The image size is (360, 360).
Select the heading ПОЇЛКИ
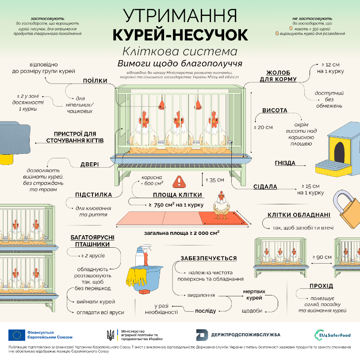point(96,80)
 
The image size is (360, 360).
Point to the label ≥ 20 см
point(263,127)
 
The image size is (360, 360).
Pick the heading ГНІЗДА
point(285,163)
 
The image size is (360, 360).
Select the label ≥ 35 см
point(215,180)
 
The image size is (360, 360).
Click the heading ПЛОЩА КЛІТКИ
point(177,195)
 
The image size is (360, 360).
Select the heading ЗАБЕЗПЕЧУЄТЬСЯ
point(208,258)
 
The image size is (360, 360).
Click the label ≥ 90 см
point(322,257)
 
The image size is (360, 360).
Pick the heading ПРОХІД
point(322,285)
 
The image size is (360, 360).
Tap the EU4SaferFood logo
point(332,335)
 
